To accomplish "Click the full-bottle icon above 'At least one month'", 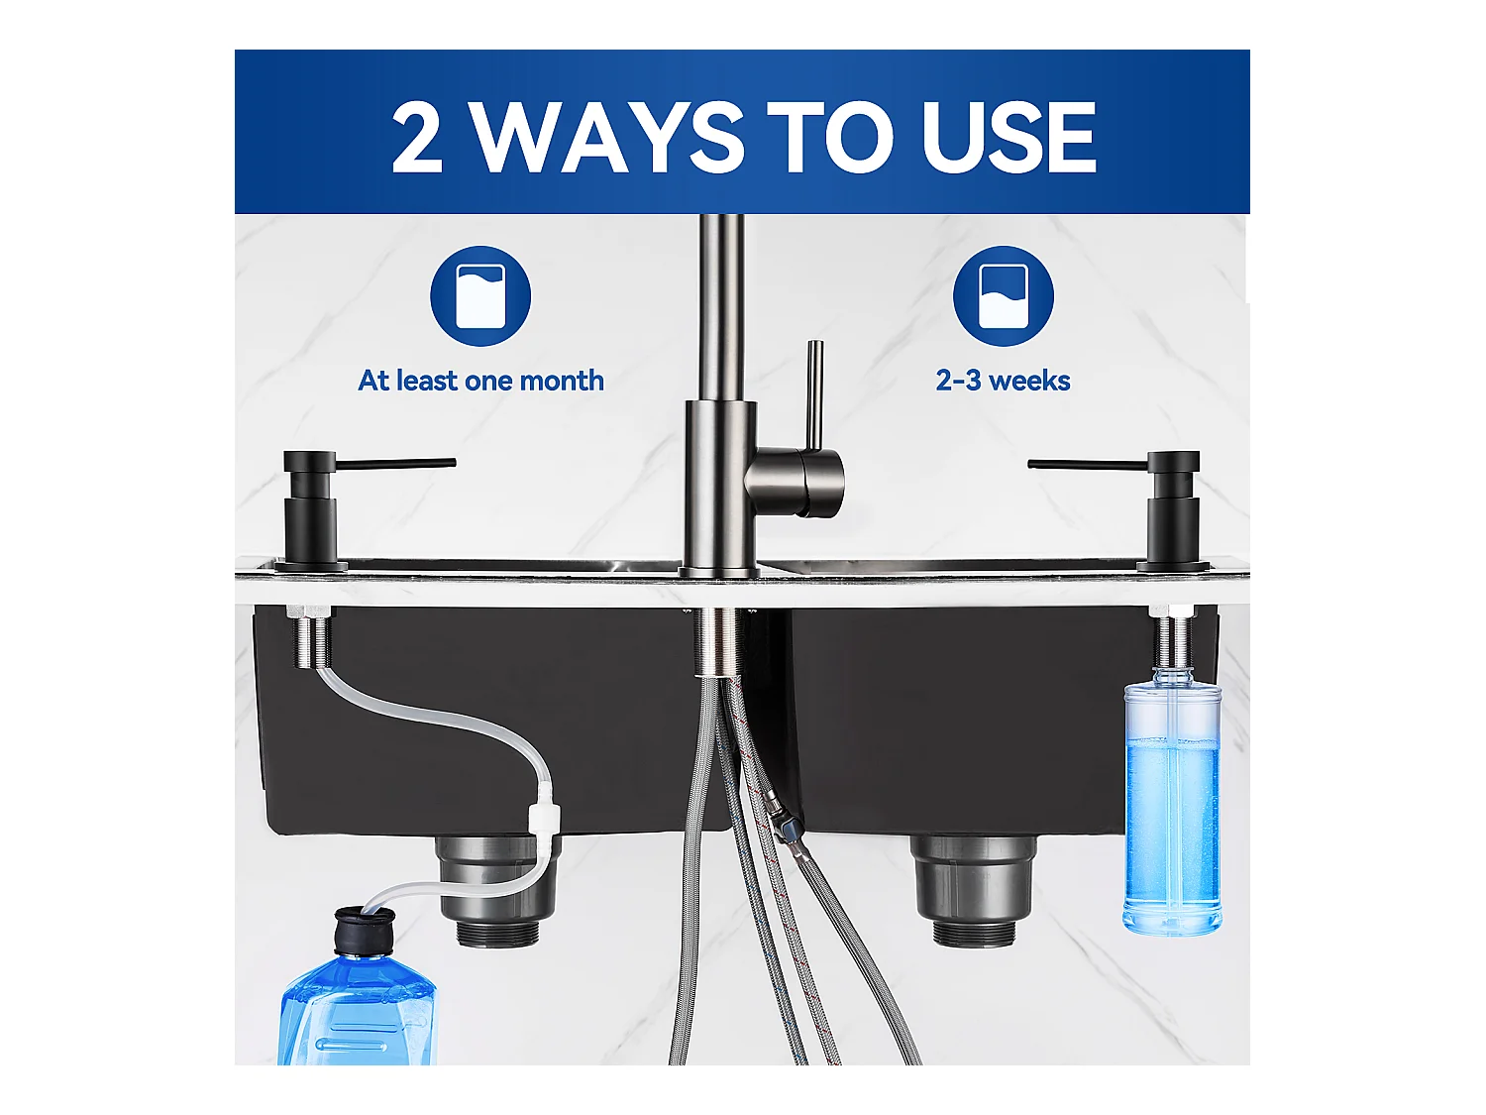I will tap(480, 296).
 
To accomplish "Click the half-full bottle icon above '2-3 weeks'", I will tap(1003, 296).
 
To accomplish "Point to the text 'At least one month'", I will tap(480, 381).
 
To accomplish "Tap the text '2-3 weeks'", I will tap(1003, 381).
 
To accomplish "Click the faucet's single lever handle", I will tap(813, 396).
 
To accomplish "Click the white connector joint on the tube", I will tap(545, 819).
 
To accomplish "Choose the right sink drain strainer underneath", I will tap(973, 887).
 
